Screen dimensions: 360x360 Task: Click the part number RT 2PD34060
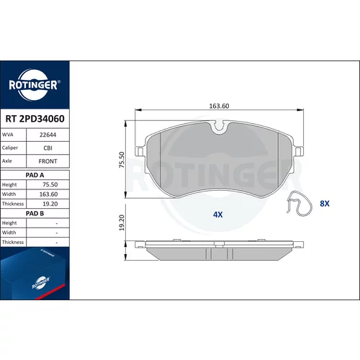click(35, 119)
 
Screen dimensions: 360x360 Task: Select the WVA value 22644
click(48, 135)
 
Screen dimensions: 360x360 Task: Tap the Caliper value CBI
click(48, 148)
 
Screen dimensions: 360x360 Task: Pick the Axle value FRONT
click(48, 161)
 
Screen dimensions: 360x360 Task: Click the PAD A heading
click(35, 175)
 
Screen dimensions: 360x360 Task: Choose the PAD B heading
click(35, 213)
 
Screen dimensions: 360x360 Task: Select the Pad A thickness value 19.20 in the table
click(50, 204)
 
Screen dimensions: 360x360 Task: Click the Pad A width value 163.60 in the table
click(48, 194)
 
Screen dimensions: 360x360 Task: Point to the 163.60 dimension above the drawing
click(219, 106)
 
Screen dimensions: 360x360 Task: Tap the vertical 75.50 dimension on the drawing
click(122, 160)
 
